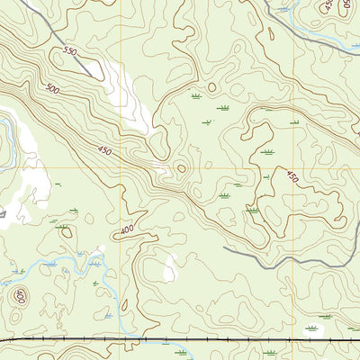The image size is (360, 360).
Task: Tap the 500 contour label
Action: (x=53, y=89)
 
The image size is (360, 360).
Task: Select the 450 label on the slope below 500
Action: (x=105, y=152)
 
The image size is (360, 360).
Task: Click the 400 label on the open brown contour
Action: (x=126, y=231)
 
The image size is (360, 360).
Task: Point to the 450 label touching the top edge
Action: (x=328, y=6)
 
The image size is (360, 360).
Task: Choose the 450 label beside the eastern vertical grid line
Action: (x=291, y=176)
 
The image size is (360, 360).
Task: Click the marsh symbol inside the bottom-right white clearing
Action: (x=313, y=329)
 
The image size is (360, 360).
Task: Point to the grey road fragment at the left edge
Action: (x=3, y=214)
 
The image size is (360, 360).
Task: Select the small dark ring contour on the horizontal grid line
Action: (x=181, y=167)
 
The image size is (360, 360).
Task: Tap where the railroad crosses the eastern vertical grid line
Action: (x=293, y=339)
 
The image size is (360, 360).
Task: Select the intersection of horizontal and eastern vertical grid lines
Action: (x=293, y=167)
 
